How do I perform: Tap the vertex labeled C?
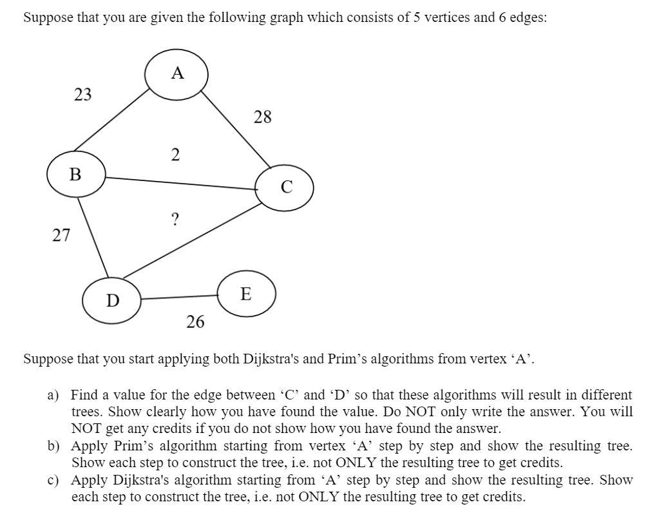(285, 188)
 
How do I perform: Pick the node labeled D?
(112, 300)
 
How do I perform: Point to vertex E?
(246, 294)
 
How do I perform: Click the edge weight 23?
(82, 95)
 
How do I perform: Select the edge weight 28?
(263, 117)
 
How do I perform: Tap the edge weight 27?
(61, 235)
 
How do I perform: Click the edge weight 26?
(195, 321)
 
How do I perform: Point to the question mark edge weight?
(175, 220)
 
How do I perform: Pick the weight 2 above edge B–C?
(175, 155)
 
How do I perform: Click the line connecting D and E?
(180, 297)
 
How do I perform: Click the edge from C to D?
(191, 239)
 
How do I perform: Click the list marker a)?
(53, 395)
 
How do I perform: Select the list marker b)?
(53, 446)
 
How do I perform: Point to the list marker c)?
(53, 480)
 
